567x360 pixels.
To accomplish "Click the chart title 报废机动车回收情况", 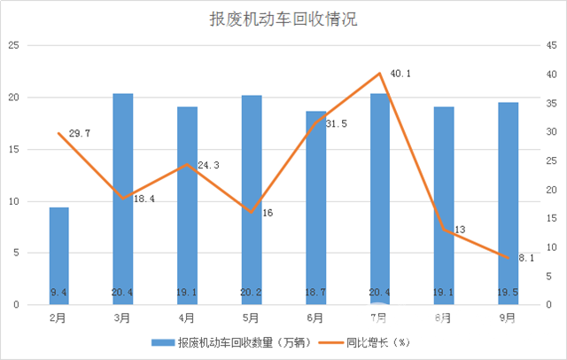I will point(283,20).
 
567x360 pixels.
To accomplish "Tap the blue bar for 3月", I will point(123,199).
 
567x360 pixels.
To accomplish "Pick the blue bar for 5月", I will point(252,200).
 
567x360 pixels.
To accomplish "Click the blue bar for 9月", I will point(508,203).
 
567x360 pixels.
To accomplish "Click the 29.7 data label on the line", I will point(80,133).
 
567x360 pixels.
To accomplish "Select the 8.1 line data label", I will point(526,258).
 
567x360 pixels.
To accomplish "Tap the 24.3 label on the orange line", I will point(209,166).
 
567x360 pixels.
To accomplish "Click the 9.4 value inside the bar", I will point(58,292).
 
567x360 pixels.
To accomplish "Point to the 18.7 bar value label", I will point(315,292).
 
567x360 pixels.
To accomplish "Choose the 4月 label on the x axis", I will point(187,317).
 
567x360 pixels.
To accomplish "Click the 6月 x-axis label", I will point(315,317).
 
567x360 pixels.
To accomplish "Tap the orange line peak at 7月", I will point(379,74).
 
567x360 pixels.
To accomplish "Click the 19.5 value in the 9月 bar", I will point(508,292).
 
